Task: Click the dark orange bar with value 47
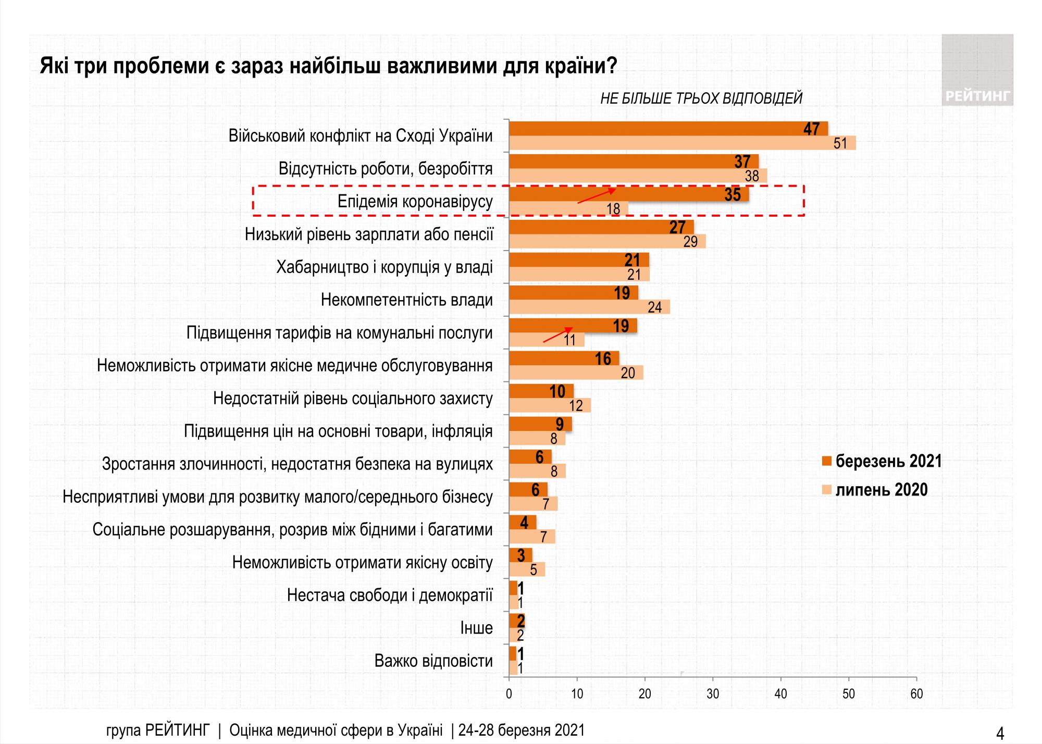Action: pos(667,129)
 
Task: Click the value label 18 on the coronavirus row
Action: pos(613,209)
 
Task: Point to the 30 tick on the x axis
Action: pos(713,694)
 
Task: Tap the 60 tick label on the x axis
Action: pos(916,694)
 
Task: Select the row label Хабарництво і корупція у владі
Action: pos(384,267)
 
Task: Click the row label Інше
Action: pos(476,628)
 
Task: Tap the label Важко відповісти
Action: pos(433,661)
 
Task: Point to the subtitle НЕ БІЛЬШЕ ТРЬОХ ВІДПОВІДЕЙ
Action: pos(701,98)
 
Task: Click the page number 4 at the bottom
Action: pos(1000,734)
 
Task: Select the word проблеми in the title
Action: pos(162,66)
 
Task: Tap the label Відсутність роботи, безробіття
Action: pos(386,169)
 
